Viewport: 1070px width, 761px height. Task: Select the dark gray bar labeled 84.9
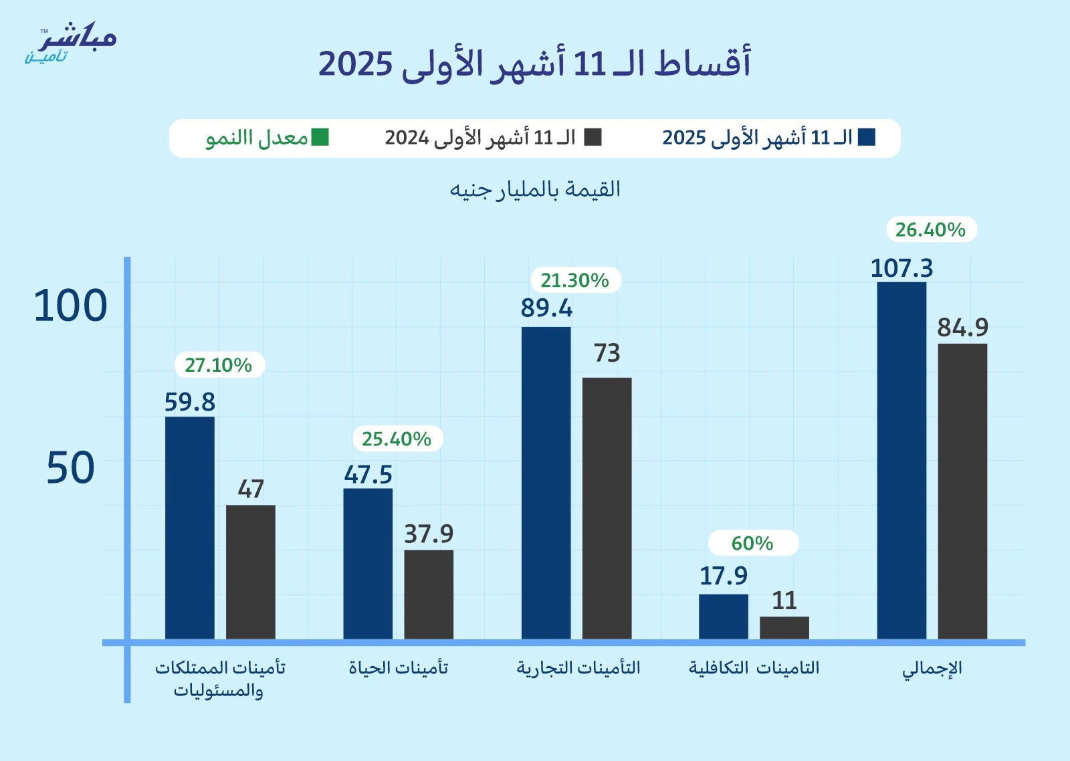pos(962,491)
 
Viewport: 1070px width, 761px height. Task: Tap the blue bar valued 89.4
pos(546,483)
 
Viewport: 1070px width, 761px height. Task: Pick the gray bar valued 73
pos(607,508)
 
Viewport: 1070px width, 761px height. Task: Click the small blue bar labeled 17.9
pos(724,616)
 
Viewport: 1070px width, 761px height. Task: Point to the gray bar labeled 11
pos(784,627)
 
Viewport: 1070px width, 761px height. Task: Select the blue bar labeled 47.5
pos(368,563)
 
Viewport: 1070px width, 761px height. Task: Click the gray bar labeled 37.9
pos(429,594)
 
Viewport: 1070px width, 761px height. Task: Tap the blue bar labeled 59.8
pos(190,528)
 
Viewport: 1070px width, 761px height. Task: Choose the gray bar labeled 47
pos(251,572)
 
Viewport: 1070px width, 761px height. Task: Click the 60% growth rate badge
pos(753,543)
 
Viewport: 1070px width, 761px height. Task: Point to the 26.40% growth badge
pos(930,229)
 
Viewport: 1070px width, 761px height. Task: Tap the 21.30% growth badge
pos(575,280)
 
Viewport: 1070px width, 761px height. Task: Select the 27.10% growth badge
pos(219,365)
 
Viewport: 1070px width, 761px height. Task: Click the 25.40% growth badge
pos(397,439)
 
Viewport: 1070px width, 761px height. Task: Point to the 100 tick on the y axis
pos(70,306)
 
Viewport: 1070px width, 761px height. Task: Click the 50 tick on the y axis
pos(70,468)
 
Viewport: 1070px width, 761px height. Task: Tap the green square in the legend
pos(320,137)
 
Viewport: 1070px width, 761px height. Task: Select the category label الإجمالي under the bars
pos(932,668)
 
